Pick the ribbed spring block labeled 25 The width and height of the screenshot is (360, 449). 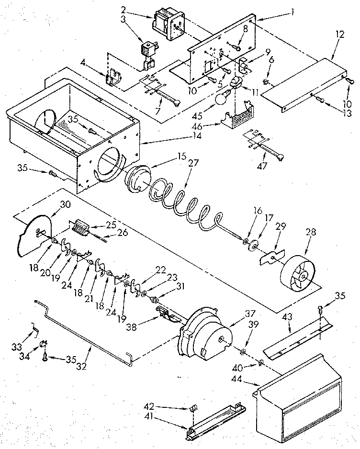point(83,227)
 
